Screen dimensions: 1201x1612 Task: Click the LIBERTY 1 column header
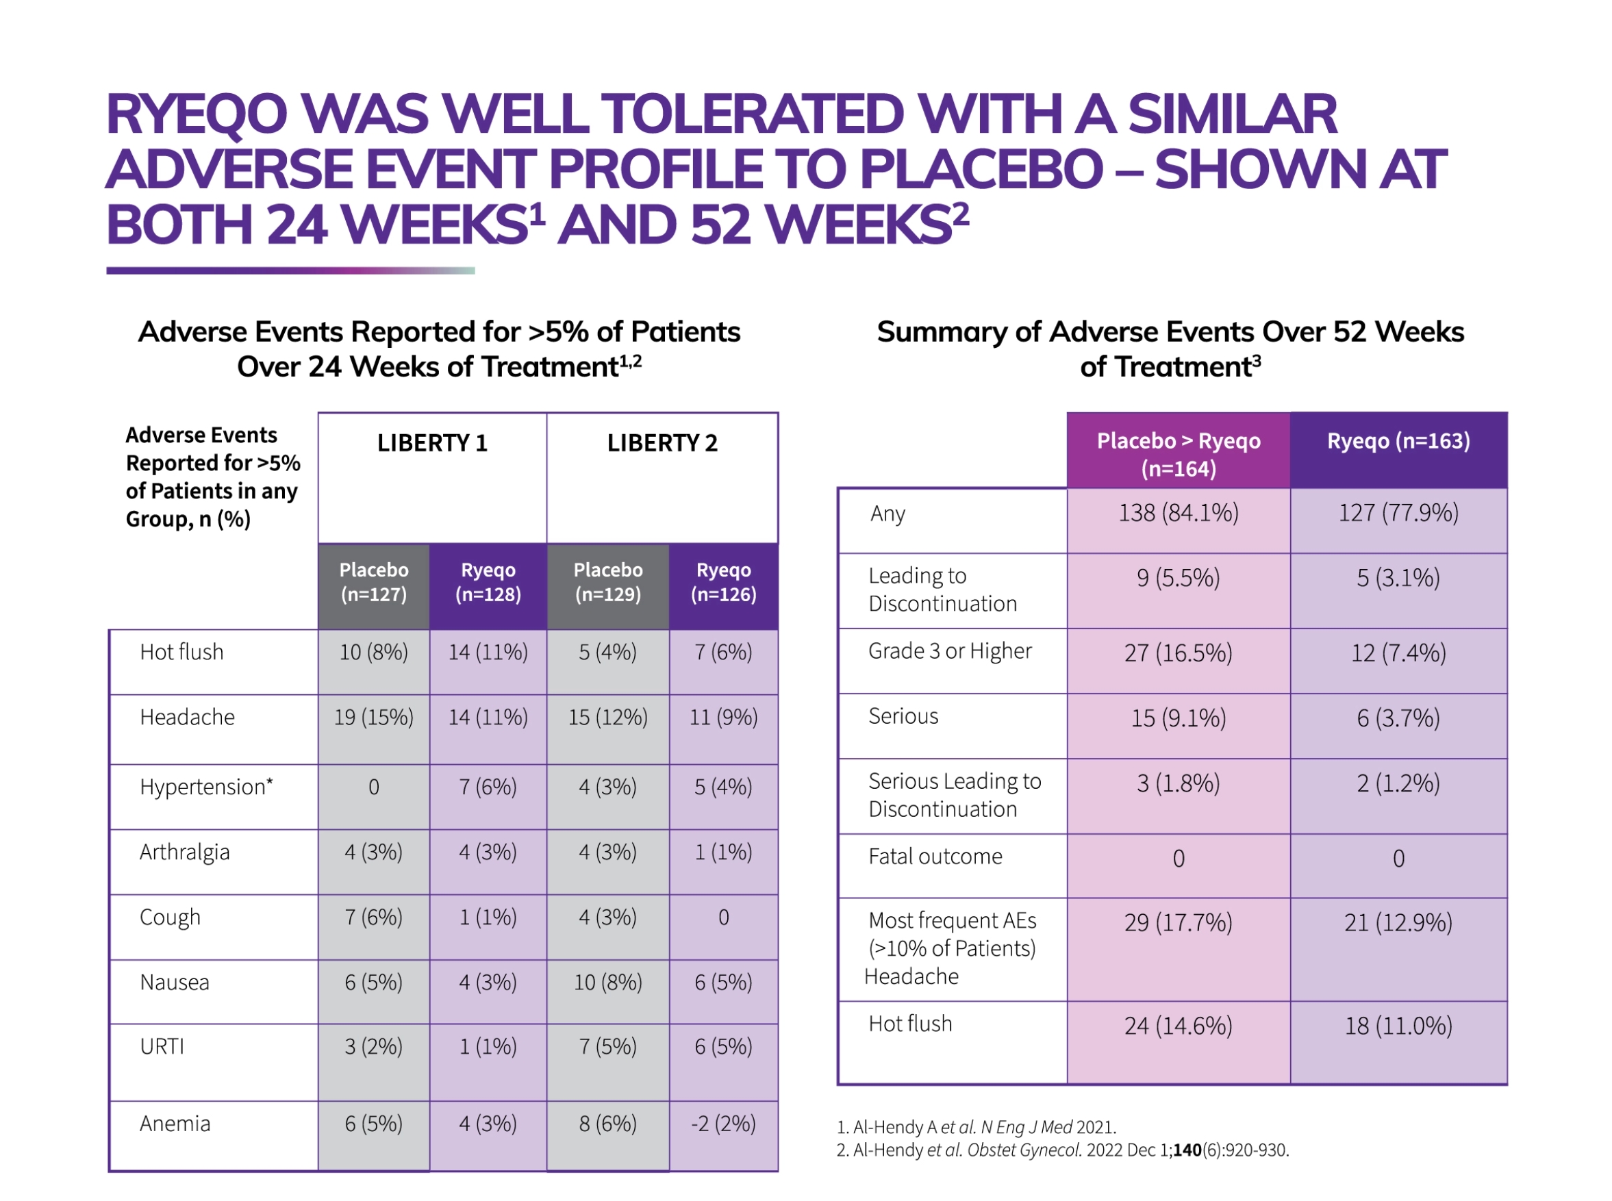pyautogui.click(x=432, y=443)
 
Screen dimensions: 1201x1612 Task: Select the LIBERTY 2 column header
pyautogui.click(x=662, y=443)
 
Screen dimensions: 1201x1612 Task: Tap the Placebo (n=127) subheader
pyautogui.click(x=374, y=582)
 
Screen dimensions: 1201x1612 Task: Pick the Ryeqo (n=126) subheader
pyautogui.click(x=723, y=582)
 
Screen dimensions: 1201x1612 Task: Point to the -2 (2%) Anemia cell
pyautogui.click(x=723, y=1124)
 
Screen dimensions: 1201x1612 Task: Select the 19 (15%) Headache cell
pyautogui.click(x=374, y=718)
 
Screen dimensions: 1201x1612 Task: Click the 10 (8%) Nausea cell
pyautogui.click(x=608, y=983)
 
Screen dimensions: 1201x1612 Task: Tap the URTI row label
pyautogui.click(x=162, y=1047)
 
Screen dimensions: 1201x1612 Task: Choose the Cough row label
pyautogui.click(x=170, y=918)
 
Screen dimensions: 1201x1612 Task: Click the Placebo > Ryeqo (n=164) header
pyautogui.click(x=1179, y=455)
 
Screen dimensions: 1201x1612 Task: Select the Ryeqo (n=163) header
pyautogui.click(x=1398, y=441)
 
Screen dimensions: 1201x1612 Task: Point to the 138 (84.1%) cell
pyautogui.click(x=1179, y=514)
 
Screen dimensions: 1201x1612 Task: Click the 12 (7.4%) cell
pyautogui.click(x=1398, y=653)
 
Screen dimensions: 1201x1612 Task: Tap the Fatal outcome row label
pyautogui.click(x=935, y=857)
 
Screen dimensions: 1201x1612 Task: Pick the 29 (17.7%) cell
pyautogui.click(x=1179, y=922)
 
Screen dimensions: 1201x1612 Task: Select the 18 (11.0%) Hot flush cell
pyautogui.click(x=1398, y=1026)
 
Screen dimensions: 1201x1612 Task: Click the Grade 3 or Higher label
pyautogui.click(x=950, y=651)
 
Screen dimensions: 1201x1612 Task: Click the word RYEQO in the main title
pyautogui.click(x=197, y=115)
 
